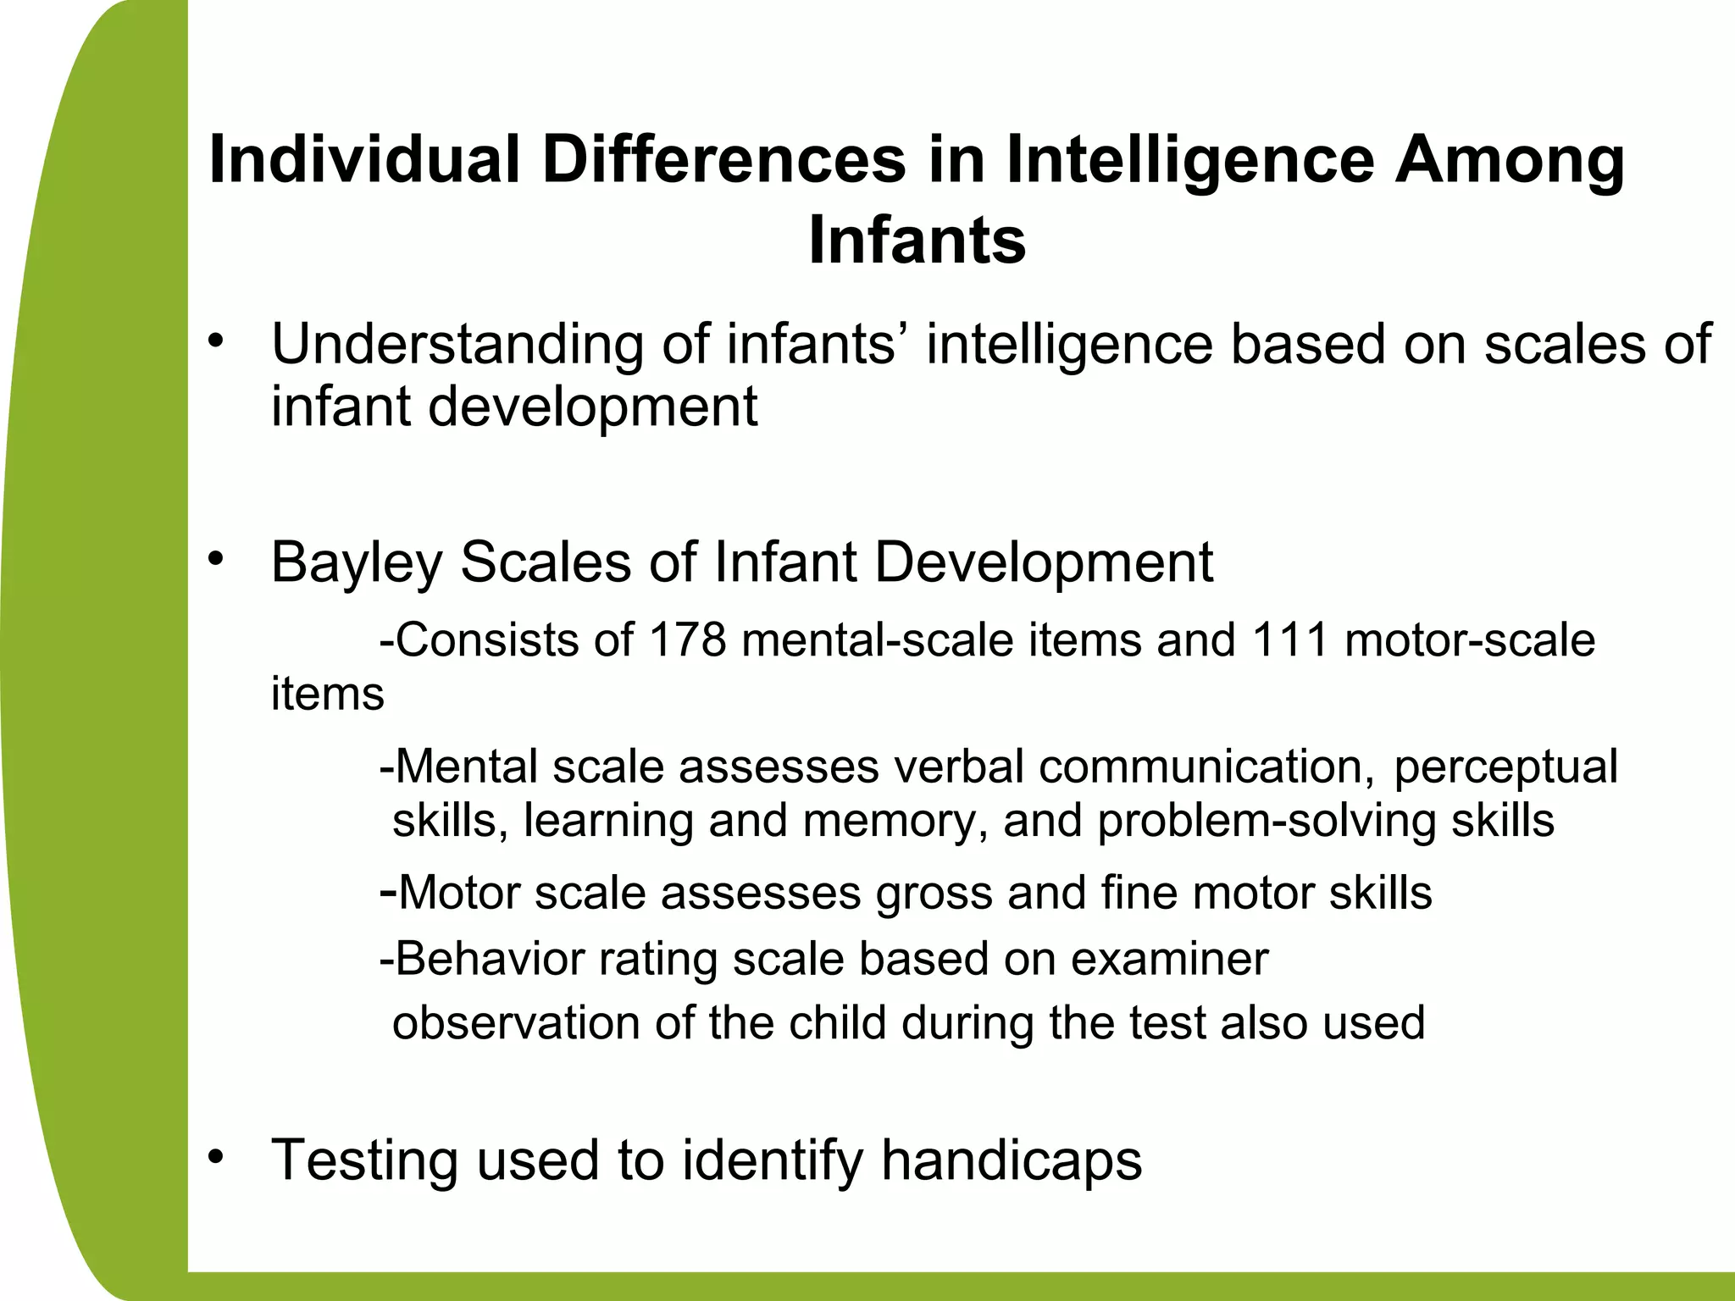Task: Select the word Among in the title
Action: click(1510, 161)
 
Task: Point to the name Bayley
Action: click(357, 563)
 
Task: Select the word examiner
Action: click(1169, 959)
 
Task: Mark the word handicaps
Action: click(1012, 1160)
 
